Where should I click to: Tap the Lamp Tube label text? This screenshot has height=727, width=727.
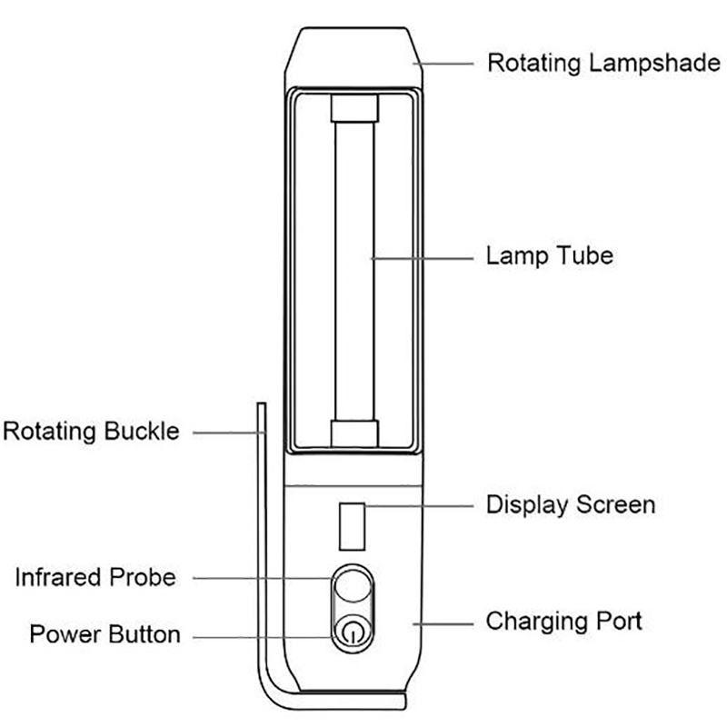[550, 255]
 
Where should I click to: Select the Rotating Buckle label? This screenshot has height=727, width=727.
[91, 430]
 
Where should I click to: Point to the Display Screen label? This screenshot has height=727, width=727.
[571, 503]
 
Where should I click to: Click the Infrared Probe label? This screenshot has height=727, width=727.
[95, 576]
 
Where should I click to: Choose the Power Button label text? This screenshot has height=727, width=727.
[105, 632]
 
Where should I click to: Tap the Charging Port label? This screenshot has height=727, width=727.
[564, 622]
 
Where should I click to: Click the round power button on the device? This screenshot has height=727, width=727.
[352, 633]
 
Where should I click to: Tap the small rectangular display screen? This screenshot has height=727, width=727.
[352, 525]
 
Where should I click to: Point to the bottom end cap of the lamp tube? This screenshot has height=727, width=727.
[353, 433]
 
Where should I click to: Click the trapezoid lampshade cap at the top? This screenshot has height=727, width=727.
[354, 55]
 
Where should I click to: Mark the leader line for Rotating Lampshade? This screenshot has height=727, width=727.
[445, 63]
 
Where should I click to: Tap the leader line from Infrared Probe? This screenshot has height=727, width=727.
[264, 577]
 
